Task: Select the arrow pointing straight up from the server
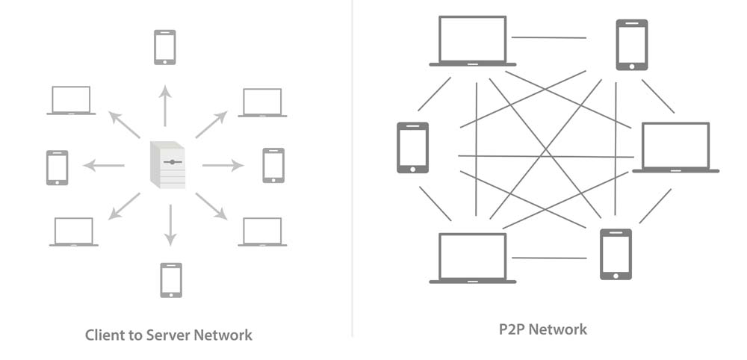[165, 106]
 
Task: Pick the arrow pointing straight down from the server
[170, 225]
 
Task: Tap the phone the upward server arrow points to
[165, 47]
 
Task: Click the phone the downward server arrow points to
[170, 279]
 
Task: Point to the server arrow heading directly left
[104, 165]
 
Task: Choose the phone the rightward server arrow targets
[273, 165]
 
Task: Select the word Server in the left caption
[169, 335]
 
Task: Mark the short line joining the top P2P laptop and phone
[549, 37]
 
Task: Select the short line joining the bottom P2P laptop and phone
[549, 258]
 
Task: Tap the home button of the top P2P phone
[632, 66]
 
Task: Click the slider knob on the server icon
[172, 161]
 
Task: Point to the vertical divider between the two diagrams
[352, 168]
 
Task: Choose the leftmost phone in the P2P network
[412, 148]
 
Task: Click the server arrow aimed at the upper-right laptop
[211, 124]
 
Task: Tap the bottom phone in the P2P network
[616, 254]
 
